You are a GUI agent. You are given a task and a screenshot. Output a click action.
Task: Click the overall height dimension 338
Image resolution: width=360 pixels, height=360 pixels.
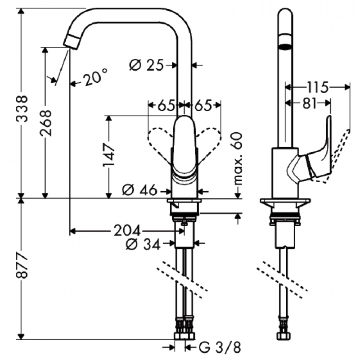pyautogui.click(x=22, y=108)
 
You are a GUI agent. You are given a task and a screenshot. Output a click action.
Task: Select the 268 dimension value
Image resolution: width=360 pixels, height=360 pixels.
pyautogui.click(x=46, y=123)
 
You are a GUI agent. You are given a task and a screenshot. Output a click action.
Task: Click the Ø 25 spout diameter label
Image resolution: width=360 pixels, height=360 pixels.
pyautogui.click(x=146, y=65)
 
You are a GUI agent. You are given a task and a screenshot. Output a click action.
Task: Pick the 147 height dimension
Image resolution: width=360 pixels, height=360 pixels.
pyautogui.click(x=108, y=155)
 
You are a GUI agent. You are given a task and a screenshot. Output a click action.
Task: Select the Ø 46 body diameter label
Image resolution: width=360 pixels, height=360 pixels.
pyautogui.click(x=139, y=190)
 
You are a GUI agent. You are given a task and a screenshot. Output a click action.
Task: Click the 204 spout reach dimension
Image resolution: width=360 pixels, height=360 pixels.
pyautogui.click(x=127, y=230)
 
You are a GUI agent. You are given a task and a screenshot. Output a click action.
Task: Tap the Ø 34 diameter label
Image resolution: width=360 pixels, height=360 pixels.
pyautogui.click(x=143, y=244)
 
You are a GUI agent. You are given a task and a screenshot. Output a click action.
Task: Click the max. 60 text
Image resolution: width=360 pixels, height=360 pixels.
pyautogui.click(x=238, y=158)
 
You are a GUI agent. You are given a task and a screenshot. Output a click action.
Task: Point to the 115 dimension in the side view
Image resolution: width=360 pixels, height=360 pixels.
pyautogui.click(x=318, y=87)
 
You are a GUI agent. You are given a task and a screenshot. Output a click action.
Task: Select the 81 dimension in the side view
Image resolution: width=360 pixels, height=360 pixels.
pyautogui.click(x=310, y=103)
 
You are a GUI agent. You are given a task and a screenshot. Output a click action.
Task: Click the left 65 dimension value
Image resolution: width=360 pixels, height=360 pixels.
pyautogui.click(x=166, y=105)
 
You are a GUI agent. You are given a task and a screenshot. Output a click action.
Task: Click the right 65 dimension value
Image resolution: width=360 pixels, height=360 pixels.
pyautogui.click(x=203, y=105)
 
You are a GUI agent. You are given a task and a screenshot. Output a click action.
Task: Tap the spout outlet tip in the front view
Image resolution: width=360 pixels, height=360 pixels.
pyautogui.click(x=72, y=42)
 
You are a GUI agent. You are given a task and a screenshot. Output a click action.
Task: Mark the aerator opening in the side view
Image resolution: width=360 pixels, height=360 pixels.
pyautogui.click(x=285, y=47)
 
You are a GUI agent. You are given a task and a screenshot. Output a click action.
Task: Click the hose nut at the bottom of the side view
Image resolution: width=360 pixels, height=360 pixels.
pyautogui.click(x=284, y=336)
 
